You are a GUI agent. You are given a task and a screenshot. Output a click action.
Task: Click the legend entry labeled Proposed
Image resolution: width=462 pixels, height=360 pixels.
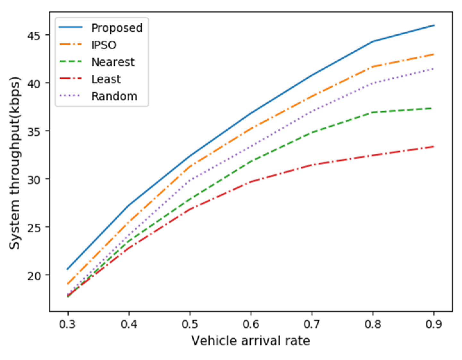pyautogui.click(x=117, y=28)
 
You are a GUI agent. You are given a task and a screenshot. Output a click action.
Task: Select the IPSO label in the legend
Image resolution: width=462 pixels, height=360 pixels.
pyautogui.click(x=104, y=45)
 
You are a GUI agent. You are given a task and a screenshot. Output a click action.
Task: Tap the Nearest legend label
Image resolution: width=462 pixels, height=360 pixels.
pyautogui.click(x=113, y=62)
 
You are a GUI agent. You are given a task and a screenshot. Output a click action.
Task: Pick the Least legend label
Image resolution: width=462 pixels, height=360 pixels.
pyautogui.click(x=106, y=79)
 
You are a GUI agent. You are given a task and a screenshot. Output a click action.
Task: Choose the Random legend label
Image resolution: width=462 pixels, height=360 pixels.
pyautogui.click(x=114, y=96)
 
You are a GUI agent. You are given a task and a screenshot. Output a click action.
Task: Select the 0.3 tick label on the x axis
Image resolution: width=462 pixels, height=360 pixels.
pyautogui.click(x=68, y=324)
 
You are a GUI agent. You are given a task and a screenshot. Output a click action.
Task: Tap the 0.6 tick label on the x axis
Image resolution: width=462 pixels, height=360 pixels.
pyautogui.click(x=251, y=324)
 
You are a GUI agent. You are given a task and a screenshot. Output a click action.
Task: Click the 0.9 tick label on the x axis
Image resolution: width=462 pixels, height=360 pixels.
pyautogui.click(x=434, y=324)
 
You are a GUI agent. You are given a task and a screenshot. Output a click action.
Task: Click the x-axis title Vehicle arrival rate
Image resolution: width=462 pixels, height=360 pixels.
pyautogui.click(x=251, y=341)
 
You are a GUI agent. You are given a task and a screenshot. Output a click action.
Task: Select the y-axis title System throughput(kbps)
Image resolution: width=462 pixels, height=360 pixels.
pyautogui.click(x=15, y=163)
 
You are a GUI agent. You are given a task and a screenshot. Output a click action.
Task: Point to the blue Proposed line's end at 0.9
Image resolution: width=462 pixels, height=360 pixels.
pyautogui.click(x=434, y=25)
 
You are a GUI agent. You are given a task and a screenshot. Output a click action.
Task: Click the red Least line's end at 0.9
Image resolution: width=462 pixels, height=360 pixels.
pyautogui.click(x=434, y=147)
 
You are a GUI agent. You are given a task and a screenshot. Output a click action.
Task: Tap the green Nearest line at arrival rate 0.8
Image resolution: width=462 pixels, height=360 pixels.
pyautogui.click(x=373, y=112)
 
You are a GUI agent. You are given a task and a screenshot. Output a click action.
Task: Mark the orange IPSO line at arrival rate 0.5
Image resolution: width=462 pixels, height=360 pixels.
pyautogui.click(x=190, y=166)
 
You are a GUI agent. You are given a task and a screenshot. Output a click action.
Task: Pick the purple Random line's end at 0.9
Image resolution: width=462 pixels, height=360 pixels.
pyautogui.click(x=434, y=69)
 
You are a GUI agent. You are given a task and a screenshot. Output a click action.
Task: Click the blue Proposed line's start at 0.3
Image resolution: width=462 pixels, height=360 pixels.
pyautogui.click(x=68, y=269)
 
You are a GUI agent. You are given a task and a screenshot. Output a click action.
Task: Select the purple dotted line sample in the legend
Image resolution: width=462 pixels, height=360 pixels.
pyautogui.click(x=71, y=96)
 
